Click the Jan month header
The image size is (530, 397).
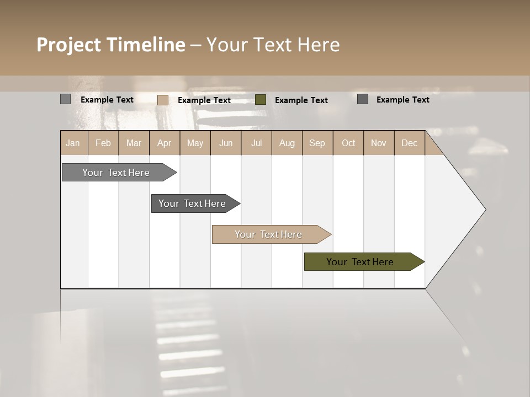coord(73,143)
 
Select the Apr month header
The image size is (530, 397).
coord(165,143)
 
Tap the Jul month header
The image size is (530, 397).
coord(257,143)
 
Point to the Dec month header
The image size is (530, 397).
coord(409,143)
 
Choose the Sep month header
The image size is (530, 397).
coord(317,143)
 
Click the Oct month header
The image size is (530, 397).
coord(348,143)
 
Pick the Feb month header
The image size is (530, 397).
coord(103,143)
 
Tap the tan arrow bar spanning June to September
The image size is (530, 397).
coord(269,234)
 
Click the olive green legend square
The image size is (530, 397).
coord(261,100)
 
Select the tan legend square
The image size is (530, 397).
coord(163,100)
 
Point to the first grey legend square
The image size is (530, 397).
coord(65,99)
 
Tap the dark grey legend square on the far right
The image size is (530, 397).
coord(363,99)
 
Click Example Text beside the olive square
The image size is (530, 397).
coord(301,100)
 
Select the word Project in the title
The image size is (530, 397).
coord(69,45)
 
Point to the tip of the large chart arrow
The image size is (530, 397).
coord(485,209)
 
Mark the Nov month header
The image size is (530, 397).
coord(379,143)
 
